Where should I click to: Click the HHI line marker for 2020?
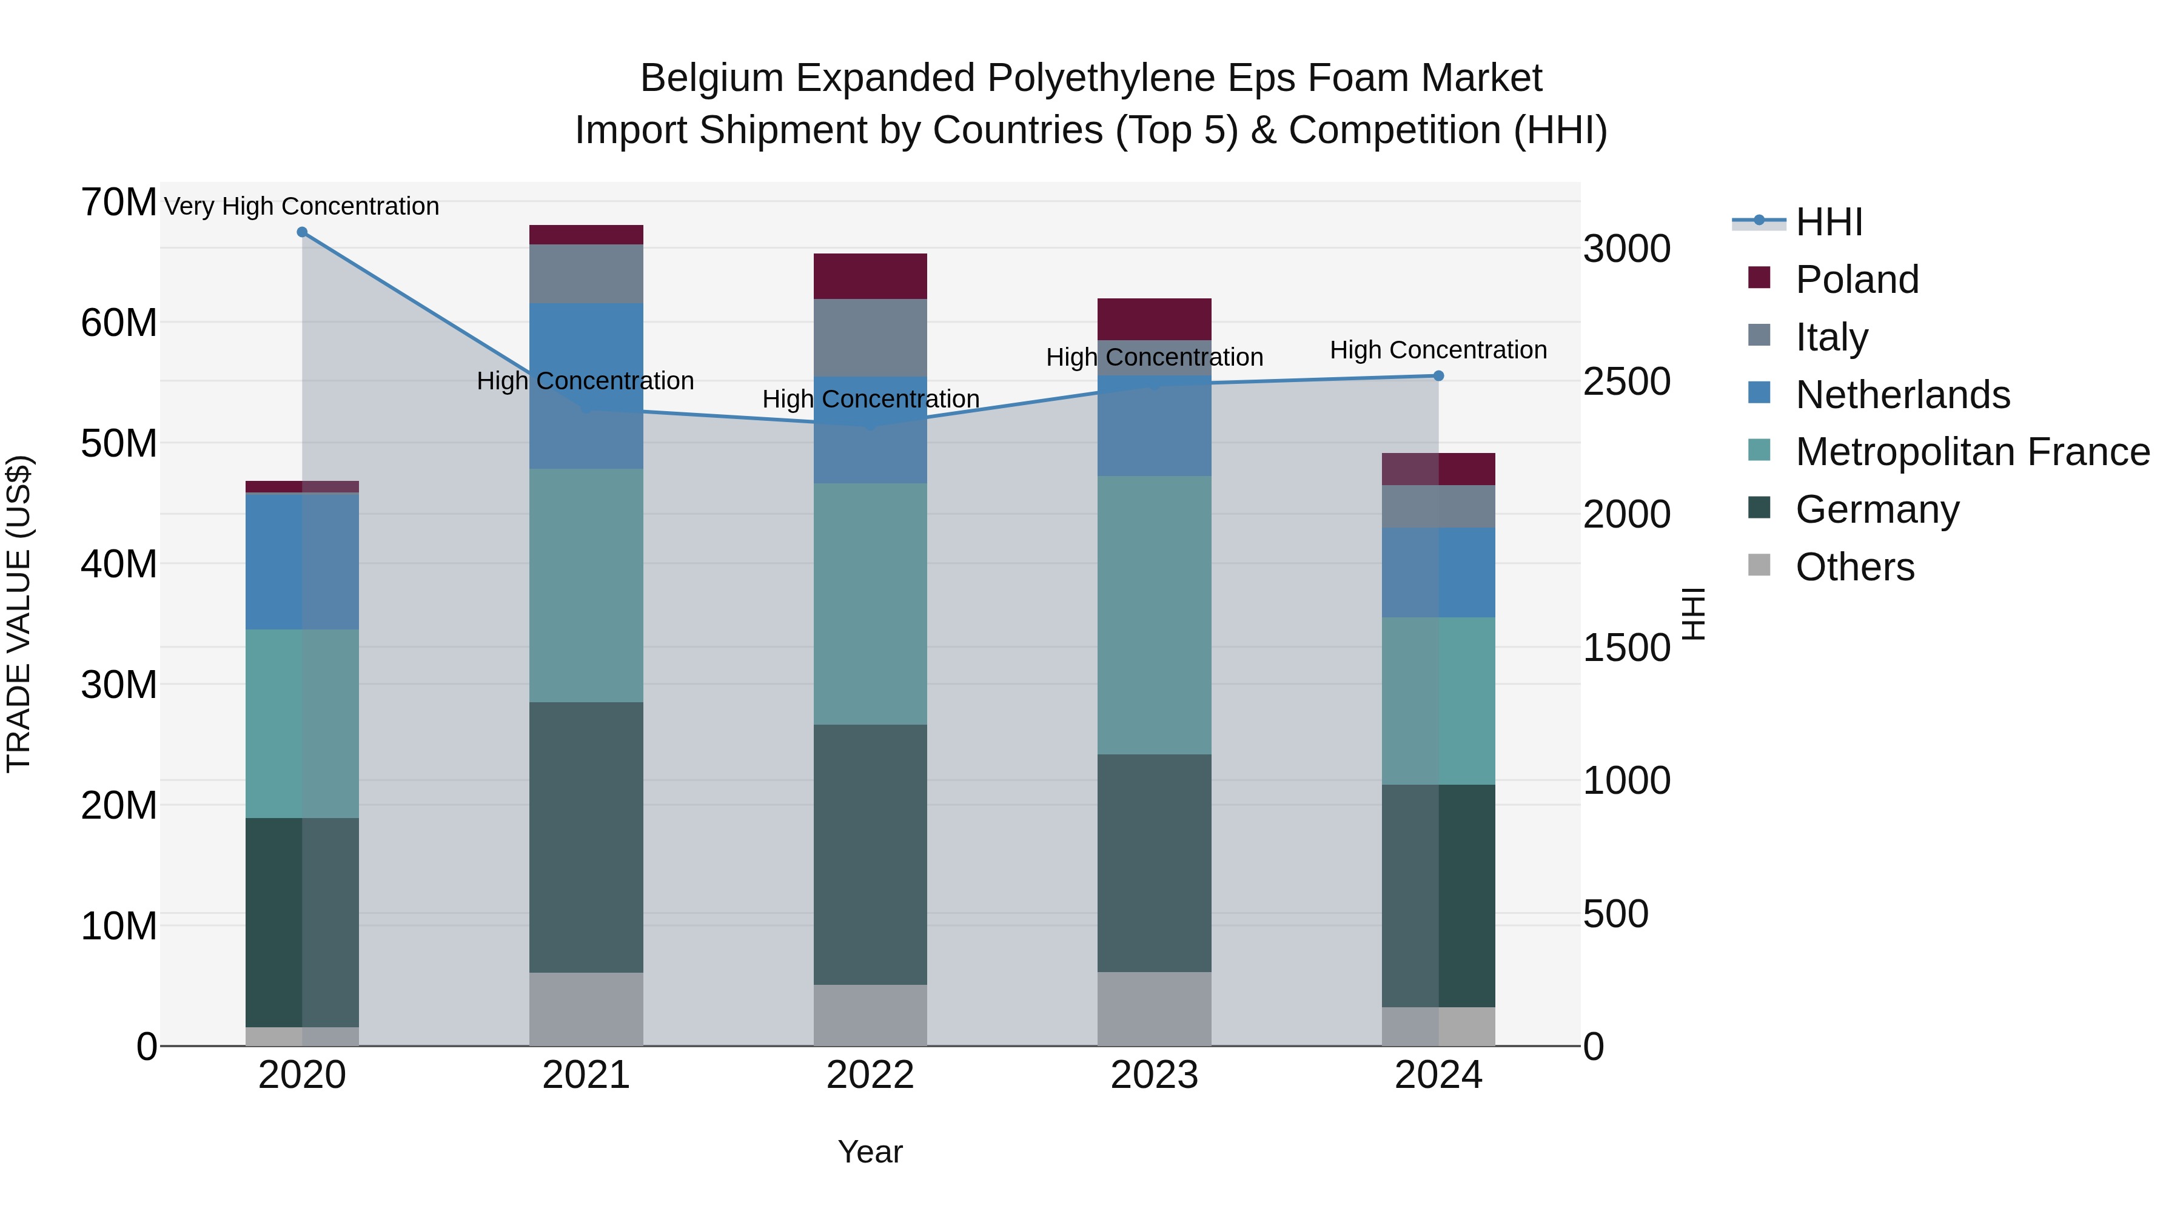(302, 232)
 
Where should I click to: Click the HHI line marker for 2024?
(1438, 375)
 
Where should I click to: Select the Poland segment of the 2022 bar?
(870, 277)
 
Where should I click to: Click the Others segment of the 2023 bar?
(1154, 1008)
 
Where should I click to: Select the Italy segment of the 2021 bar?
(586, 273)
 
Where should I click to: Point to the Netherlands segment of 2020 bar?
(302, 561)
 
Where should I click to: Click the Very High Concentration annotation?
(302, 206)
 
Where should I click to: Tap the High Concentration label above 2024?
(1438, 349)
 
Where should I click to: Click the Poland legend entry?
(1856, 280)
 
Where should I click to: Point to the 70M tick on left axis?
(119, 203)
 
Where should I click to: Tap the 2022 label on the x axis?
(870, 1075)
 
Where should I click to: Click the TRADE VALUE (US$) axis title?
(19, 614)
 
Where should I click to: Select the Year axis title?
(870, 1152)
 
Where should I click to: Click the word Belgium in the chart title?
(711, 78)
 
